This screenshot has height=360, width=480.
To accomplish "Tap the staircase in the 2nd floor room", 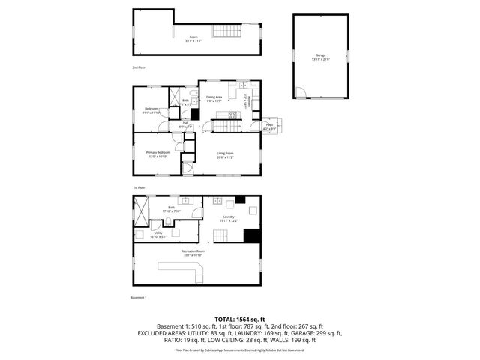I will [x=226, y=31].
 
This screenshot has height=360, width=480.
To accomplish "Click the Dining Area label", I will [x=214, y=98].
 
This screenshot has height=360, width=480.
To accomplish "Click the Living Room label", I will [x=225, y=157].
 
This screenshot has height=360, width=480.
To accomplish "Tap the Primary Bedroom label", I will [x=157, y=154].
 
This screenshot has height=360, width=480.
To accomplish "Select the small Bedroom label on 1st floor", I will [x=151, y=111].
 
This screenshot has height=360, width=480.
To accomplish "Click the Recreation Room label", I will [x=192, y=253].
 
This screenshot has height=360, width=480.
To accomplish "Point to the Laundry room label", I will [x=229, y=218].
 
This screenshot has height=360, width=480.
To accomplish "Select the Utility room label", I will [x=158, y=234].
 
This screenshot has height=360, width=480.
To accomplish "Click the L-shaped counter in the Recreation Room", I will [x=183, y=268].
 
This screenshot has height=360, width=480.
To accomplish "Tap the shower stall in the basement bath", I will [x=142, y=208].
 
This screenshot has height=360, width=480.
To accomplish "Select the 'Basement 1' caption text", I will [x=139, y=298].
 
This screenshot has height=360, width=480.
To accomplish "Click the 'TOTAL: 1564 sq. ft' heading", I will [x=239, y=319].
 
